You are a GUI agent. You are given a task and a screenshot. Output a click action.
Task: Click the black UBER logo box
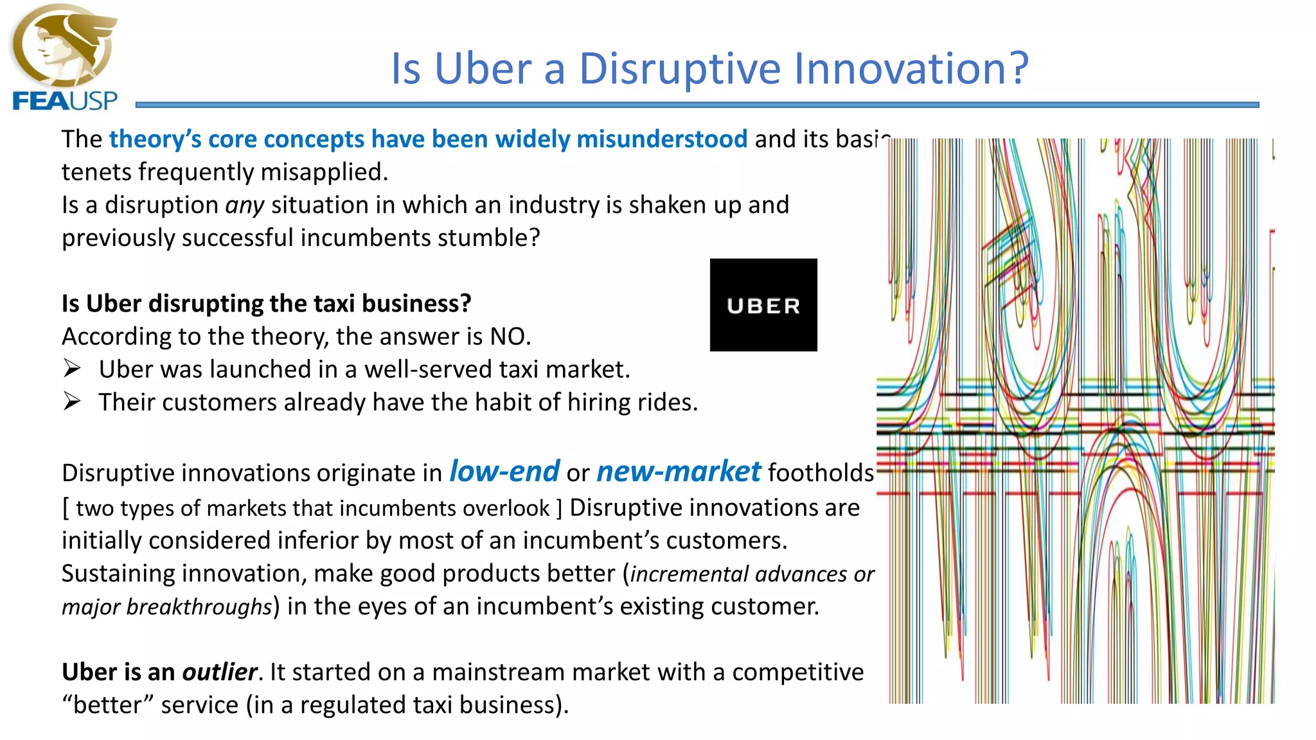[x=763, y=305]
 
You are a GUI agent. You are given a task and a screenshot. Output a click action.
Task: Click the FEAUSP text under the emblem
[x=65, y=101]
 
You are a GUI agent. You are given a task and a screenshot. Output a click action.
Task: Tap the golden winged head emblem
[x=64, y=45]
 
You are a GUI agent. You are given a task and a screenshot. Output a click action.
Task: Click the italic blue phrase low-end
[x=504, y=471]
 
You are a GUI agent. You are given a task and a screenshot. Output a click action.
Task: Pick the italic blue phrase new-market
[x=679, y=471]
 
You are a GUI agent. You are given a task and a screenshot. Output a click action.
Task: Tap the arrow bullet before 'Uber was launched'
[x=72, y=369]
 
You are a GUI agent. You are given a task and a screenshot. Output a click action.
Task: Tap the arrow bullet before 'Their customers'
[x=72, y=401]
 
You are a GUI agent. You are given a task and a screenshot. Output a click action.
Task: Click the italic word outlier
[x=220, y=672]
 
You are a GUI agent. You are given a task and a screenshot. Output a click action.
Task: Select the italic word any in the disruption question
[x=244, y=206]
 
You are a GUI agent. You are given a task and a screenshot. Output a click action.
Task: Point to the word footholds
[x=821, y=473]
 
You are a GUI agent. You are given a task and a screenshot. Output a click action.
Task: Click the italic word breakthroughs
[x=199, y=606]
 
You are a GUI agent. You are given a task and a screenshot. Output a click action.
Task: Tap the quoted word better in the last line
[x=107, y=705]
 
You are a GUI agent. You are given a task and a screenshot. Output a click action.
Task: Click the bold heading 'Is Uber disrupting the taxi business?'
[x=266, y=303]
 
